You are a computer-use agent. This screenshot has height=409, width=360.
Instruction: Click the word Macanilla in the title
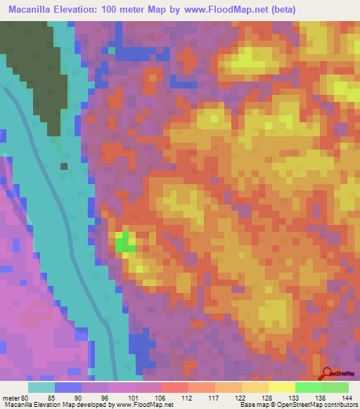coord(34,10)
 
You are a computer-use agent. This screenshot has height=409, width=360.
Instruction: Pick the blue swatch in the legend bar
coord(67,387)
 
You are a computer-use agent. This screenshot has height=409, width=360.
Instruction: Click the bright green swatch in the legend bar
coord(308,387)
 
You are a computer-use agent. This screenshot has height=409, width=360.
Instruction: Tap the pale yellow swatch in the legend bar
coord(281,387)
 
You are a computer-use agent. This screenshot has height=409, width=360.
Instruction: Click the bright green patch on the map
coord(124,243)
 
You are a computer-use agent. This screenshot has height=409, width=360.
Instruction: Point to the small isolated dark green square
coord(64,167)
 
